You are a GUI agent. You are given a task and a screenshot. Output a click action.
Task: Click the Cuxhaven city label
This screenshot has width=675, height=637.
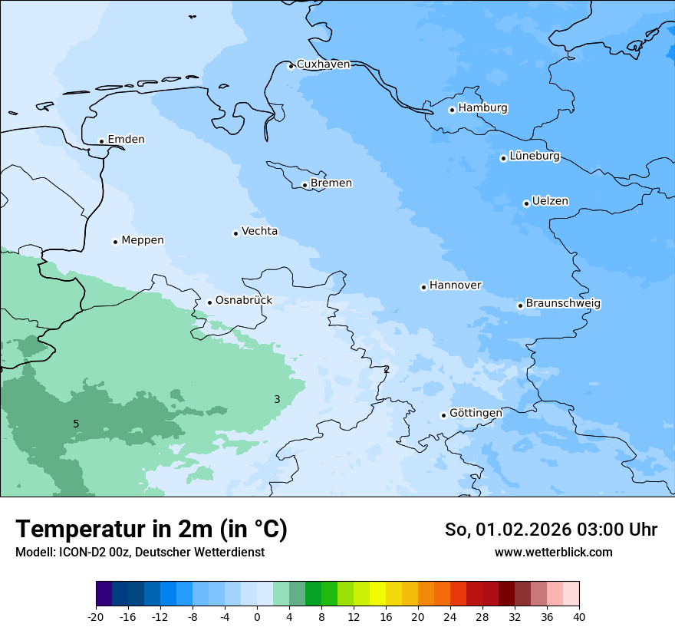click(323, 64)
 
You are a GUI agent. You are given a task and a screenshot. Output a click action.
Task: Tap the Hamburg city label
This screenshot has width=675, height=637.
click(482, 108)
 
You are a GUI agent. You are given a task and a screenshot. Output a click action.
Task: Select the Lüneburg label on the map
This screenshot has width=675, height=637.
click(534, 157)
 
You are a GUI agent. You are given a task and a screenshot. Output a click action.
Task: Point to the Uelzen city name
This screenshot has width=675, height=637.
click(550, 202)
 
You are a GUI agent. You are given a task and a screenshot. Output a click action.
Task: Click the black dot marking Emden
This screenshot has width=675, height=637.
click(101, 141)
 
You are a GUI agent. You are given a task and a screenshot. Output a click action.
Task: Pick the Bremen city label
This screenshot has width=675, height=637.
click(331, 183)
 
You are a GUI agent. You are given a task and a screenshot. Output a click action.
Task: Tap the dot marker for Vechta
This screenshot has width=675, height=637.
click(235, 233)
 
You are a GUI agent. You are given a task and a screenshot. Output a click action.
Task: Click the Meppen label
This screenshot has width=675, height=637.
click(143, 240)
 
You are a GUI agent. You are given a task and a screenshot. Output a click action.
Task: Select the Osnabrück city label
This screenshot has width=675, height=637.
click(244, 301)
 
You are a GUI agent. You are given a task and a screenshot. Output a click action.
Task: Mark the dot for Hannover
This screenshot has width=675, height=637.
click(423, 287)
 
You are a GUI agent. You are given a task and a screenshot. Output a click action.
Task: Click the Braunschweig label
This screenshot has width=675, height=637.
click(563, 304)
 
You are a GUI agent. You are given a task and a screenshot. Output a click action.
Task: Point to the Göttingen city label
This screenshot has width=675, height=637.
click(476, 414)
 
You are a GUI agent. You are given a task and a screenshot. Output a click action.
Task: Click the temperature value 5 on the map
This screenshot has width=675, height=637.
click(76, 424)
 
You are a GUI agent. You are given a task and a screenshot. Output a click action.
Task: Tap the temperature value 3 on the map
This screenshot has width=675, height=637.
click(277, 399)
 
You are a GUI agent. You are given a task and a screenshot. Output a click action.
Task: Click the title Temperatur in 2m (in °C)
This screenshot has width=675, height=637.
click(151, 529)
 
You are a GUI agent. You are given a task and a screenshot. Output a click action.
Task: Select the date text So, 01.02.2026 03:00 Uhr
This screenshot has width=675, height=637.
click(551, 530)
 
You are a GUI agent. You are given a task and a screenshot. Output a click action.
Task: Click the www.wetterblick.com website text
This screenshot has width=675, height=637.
click(553, 552)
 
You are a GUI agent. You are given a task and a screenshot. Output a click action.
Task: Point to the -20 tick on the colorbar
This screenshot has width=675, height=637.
click(96, 616)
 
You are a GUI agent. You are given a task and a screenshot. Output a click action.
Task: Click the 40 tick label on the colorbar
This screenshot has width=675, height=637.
click(579, 616)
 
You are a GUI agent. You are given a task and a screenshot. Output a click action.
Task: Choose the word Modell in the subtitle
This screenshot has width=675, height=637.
click(33, 553)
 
